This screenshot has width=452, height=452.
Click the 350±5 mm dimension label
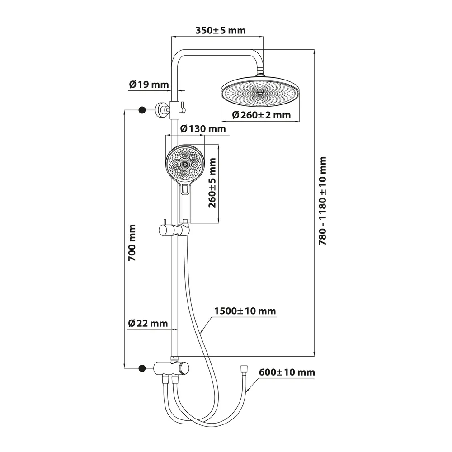tap(220, 31)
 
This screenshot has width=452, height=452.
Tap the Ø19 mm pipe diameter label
tap(148, 84)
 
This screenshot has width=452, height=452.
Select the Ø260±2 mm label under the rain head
tap(261, 115)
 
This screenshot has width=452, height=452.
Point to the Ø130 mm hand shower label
tap(202, 129)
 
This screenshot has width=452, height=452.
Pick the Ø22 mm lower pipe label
tap(148, 323)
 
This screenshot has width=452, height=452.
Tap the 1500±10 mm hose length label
tap(245, 311)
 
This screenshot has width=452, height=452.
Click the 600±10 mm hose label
tap(287, 372)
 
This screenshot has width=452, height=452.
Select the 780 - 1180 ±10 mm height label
tap(322, 202)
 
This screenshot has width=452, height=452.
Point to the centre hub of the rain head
tap(260, 91)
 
